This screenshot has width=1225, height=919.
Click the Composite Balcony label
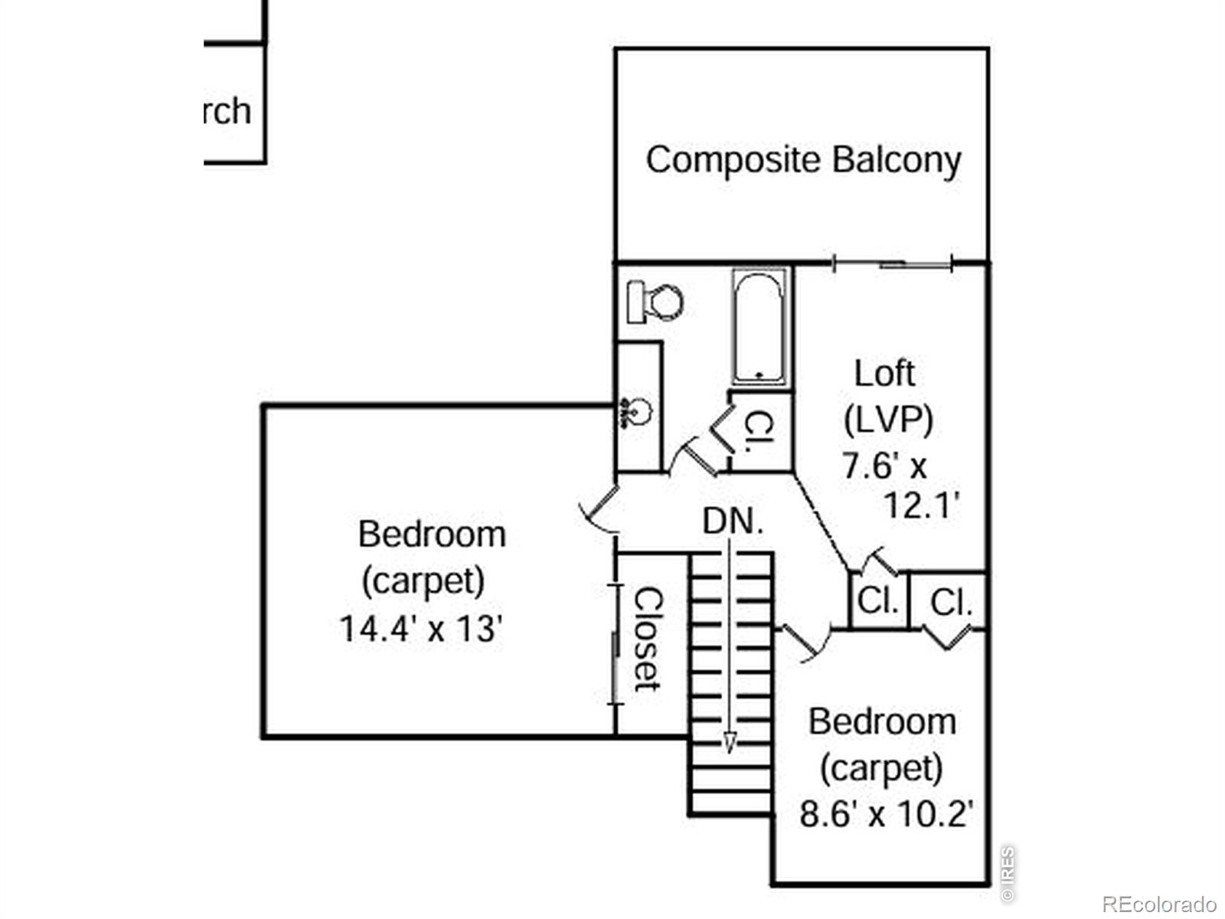(803, 160)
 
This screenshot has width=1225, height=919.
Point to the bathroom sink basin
(636, 414)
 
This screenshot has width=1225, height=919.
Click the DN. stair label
(733, 522)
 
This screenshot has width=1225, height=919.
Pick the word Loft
(884, 374)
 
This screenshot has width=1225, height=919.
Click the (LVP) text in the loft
(888, 419)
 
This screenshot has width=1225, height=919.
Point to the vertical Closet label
(648, 639)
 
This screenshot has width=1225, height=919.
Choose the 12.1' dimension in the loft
(922, 505)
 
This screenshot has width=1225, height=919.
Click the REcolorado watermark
(1158, 904)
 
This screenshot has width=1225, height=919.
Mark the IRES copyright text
(1008, 874)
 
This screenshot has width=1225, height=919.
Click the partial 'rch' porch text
(227, 111)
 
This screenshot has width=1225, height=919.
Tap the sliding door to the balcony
(892, 264)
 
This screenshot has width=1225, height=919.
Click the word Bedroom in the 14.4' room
(432, 535)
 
